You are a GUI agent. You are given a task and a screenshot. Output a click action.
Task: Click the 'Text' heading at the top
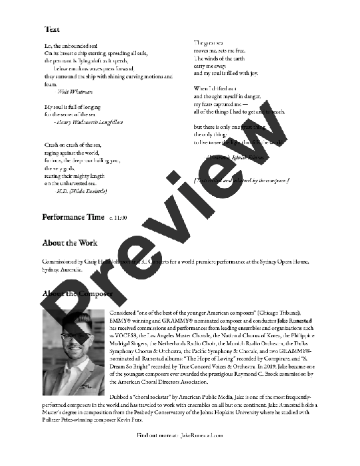[x=52, y=29]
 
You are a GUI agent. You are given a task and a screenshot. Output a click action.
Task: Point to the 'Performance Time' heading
[x=73, y=217]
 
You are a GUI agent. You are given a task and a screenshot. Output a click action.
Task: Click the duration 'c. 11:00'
[x=118, y=218]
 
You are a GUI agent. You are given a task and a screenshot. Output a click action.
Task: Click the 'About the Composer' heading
[x=78, y=293]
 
